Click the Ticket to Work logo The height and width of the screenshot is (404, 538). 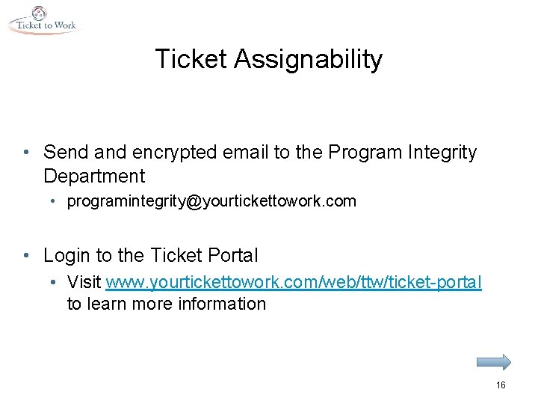pyautogui.click(x=43, y=20)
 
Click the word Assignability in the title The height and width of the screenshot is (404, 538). pyautogui.click(x=308, y=59)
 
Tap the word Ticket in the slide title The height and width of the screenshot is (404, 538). pyautogui.click(x=191, y=59)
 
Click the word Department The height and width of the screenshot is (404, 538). pyautogui.click(x=94, y=177)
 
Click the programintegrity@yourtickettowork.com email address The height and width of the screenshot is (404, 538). pyautogui.click(x=211, y=201)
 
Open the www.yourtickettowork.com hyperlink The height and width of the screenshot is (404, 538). pyautogui.click(x=294, y=282)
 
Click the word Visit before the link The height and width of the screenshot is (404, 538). pyautogui.click(x=84, y=282)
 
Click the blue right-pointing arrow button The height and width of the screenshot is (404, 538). pyautogui.click(x=494, y=361)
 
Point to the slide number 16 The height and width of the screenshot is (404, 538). pyautogui.click(x=501, y=385)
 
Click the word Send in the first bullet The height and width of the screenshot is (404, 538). pyautogui.click(x=63, y=153)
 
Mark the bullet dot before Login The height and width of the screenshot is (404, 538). pyautogui.click(x=27, y=256)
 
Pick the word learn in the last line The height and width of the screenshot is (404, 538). pyautogui.click(x=108, y=304)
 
